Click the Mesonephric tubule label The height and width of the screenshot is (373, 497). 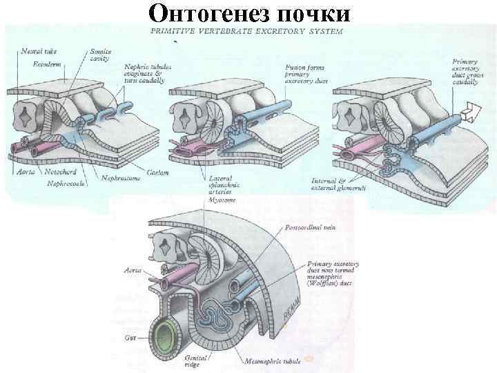273,361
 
